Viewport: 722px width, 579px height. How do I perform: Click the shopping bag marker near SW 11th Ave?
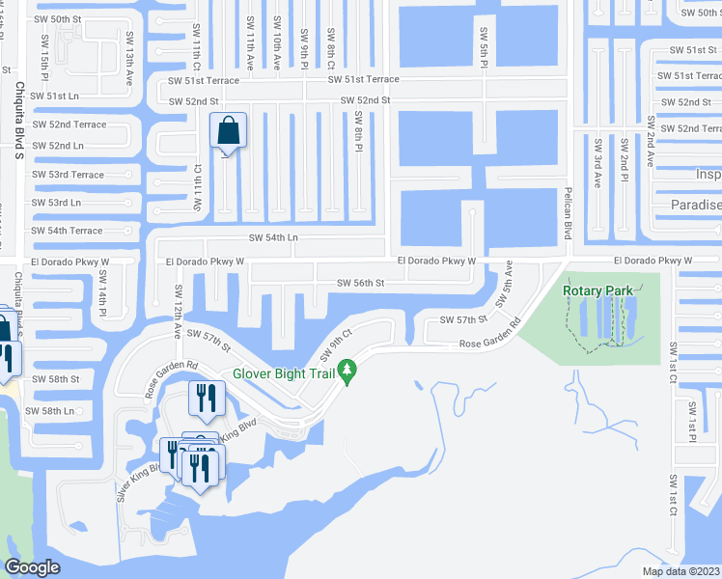pyautogui.click(x=228, y=132)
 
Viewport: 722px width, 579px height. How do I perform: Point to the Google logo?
pyautogui.click(x=32, y=567)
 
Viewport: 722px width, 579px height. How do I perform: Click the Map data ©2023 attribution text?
pyautogui.click(x=681, y=571)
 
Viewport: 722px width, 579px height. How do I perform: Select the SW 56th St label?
pyautogui.click(x=361, y=283)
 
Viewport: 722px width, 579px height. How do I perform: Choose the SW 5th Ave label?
pyautogui.click(x=504, y=284)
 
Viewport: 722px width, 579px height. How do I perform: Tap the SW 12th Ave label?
pyautogui.click(x=178, y=311)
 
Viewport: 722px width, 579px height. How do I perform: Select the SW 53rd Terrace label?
pyautogui.click(x=68, y=175)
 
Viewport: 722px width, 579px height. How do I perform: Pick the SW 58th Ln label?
pyautogui.click(x=50, y=411)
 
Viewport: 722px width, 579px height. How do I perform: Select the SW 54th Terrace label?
pyautogui.click(x=68, y=232)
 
